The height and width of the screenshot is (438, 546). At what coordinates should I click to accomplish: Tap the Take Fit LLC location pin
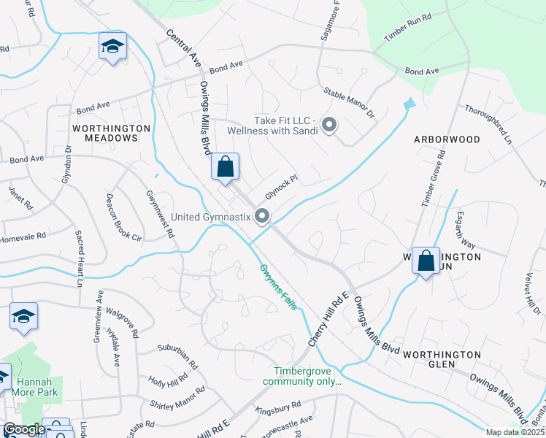click(329, 126)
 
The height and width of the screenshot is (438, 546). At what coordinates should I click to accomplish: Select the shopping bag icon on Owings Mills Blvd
click(226, 166)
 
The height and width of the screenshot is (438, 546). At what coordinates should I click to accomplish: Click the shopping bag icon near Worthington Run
click(426, 261)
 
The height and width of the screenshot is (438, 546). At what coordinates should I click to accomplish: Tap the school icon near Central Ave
click(112, 47)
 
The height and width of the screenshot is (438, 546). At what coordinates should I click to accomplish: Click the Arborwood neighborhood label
click(447, 139)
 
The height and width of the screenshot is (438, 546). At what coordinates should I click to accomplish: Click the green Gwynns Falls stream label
click(280, 287)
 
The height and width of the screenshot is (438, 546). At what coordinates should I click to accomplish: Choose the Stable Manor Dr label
click(349, 103)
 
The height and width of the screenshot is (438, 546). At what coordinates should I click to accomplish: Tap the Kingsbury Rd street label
click(280, 409)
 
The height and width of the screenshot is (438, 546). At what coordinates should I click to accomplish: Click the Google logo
click(24, 429)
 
